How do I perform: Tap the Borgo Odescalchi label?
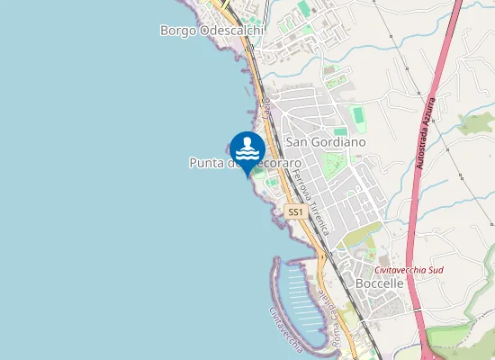click(212, 30)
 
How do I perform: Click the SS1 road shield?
click(294, 211)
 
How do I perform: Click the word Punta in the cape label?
click(206, 163)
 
